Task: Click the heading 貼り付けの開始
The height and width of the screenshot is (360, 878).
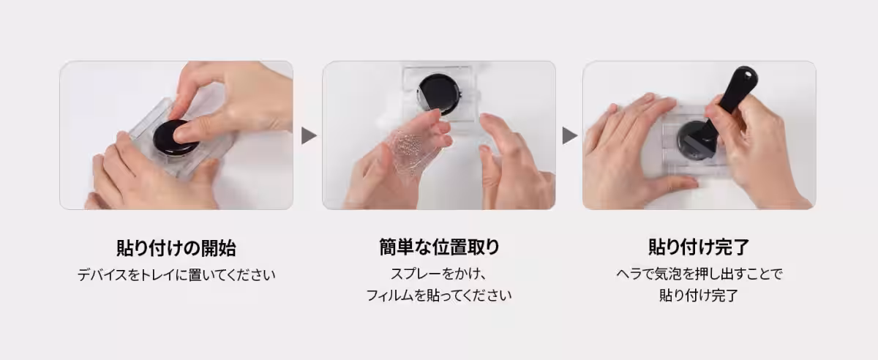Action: [176, 248]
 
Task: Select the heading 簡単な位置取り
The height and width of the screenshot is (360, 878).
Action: [440, 247]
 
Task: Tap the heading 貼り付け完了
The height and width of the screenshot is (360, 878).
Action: [699, 247]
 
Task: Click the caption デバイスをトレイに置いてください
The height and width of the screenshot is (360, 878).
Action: [176, 275]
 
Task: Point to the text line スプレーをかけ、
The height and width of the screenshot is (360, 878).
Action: [440, 274]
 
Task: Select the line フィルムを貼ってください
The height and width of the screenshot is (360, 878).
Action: [439, 295]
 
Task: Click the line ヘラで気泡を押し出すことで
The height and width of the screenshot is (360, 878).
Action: [699, 274]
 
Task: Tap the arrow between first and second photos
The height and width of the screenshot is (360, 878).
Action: [309, 135]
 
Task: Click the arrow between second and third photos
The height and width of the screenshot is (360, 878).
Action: [570, 135]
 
